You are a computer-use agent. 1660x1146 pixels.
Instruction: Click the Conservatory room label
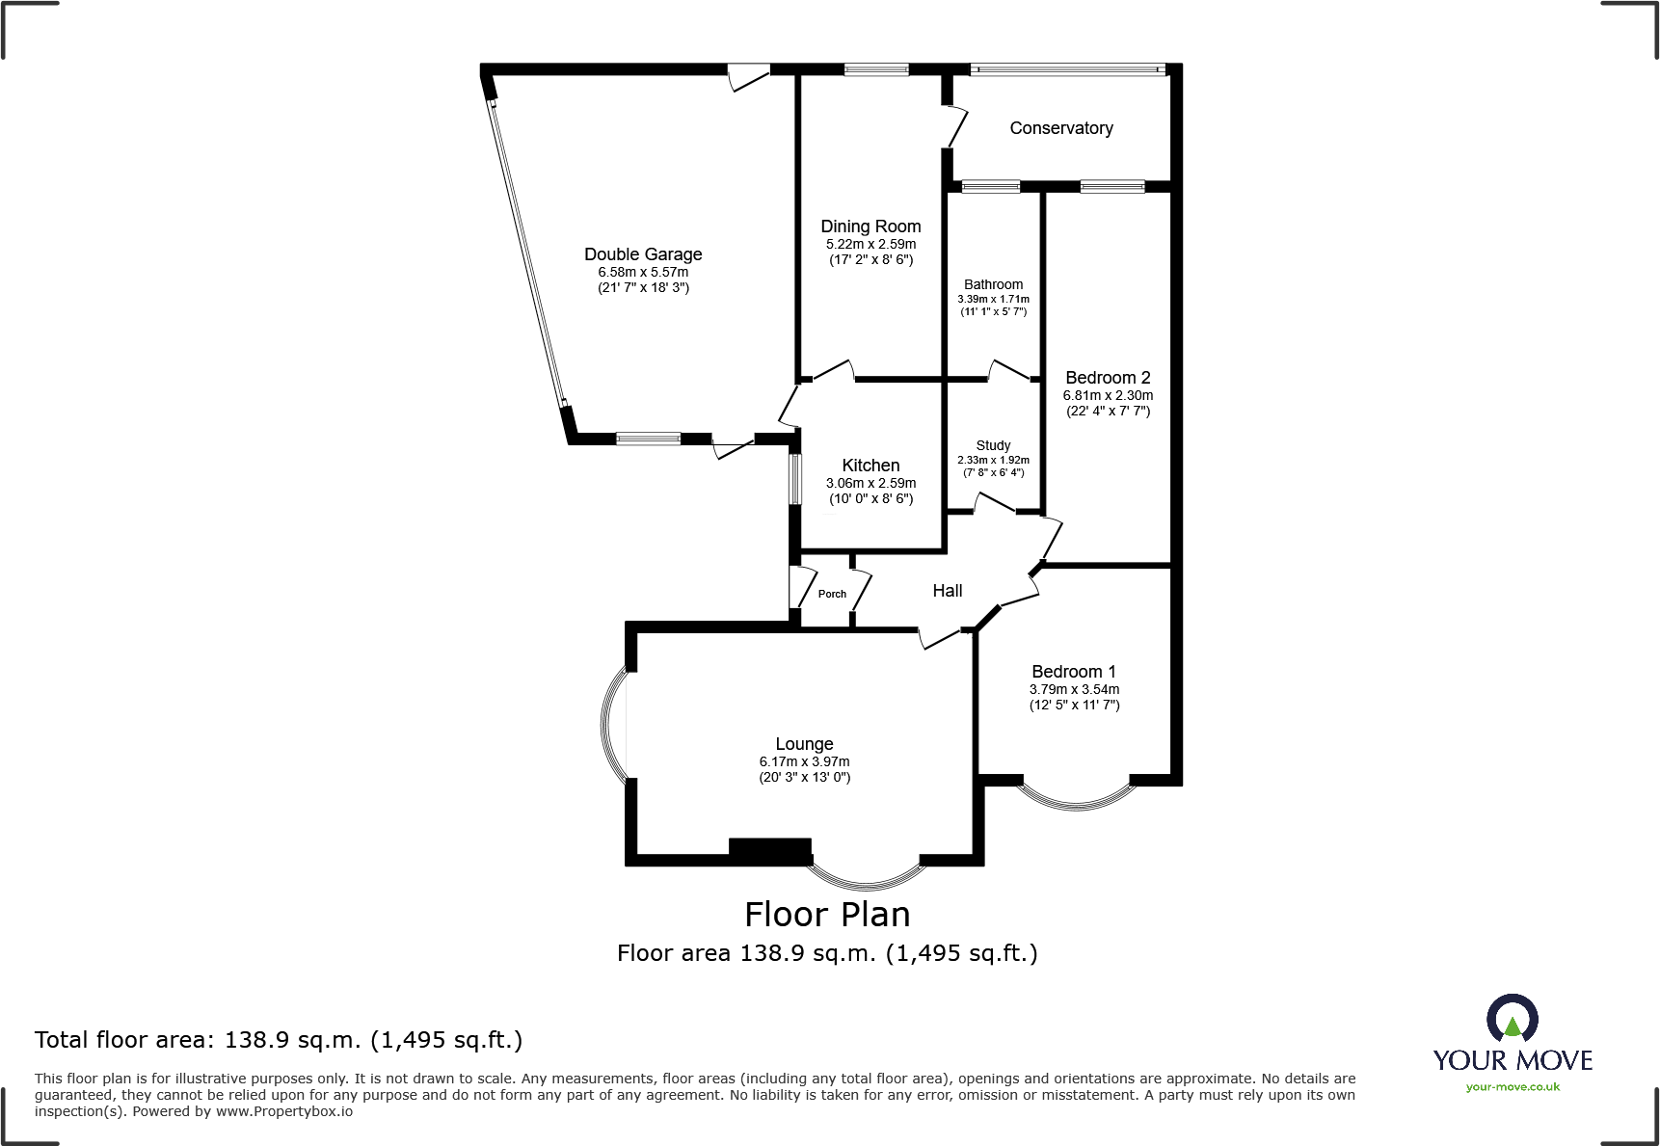coord(1060,128)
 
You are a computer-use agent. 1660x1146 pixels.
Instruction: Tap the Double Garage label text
coord(643,254)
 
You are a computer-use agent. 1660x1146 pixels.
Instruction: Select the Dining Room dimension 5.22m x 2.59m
coord(870,245)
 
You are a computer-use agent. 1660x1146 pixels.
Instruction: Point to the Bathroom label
coord(993,284)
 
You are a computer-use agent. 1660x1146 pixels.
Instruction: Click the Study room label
coord(993,445)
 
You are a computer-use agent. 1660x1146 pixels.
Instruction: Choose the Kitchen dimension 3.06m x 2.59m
coord(870,484)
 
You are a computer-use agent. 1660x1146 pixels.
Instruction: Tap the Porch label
coord(832,594)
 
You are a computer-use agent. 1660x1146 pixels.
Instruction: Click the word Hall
coord(947,591)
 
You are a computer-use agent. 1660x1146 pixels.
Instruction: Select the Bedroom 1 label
coord(1073,672)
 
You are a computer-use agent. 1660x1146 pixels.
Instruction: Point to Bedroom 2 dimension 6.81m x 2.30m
coord(1108,395)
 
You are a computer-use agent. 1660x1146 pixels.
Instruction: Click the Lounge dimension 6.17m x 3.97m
coord(804,761)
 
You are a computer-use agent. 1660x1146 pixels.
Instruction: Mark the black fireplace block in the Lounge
coord(769,848)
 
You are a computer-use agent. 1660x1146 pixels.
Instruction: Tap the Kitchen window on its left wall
coord(795,479)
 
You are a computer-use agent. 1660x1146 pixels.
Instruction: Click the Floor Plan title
coord(827,914)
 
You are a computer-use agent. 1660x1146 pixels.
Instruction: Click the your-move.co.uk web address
coord(1512,1087)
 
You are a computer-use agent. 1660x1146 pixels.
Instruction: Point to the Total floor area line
coord(279,1040)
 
